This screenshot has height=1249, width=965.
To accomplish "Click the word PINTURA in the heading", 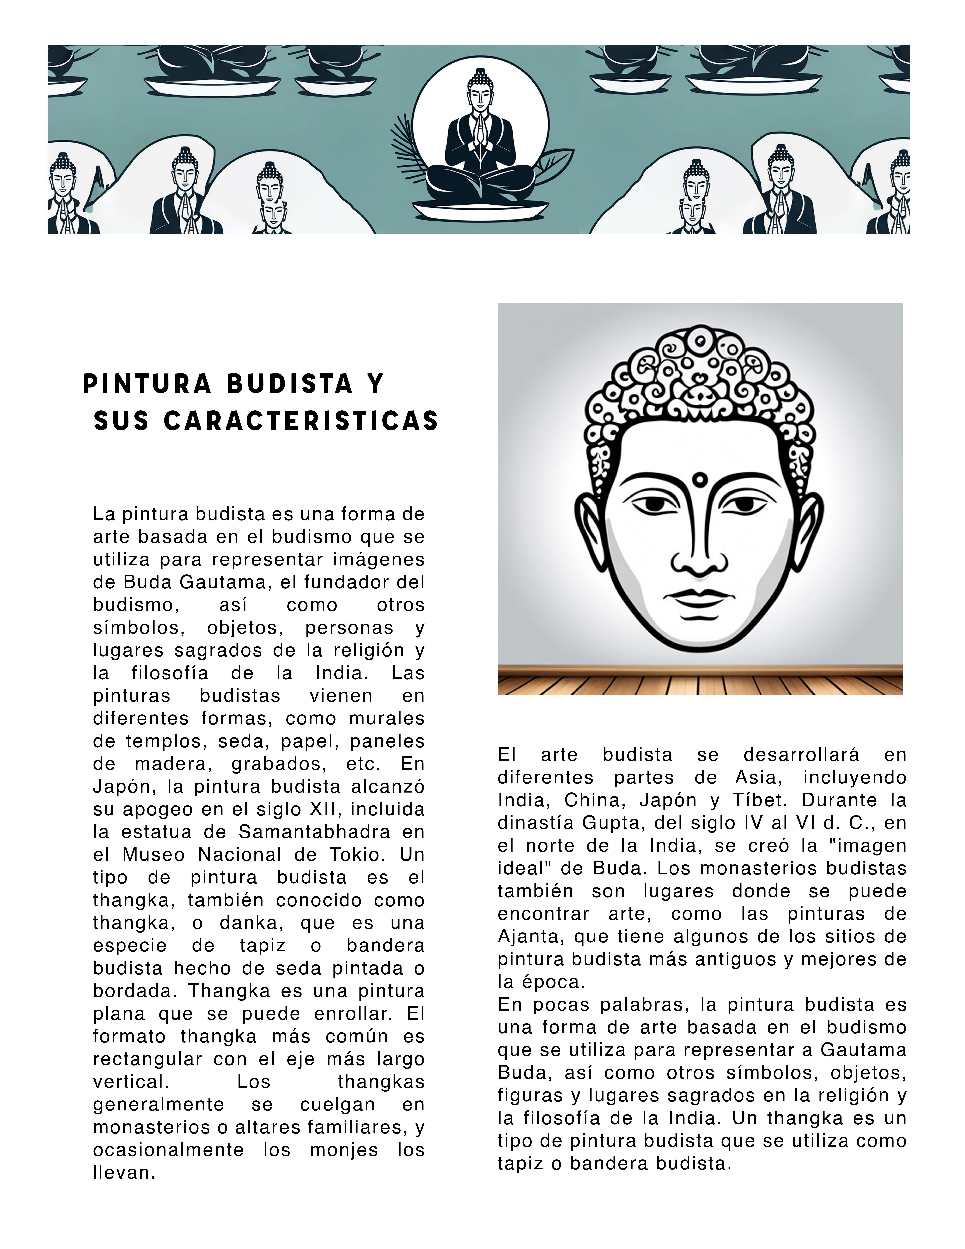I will click(x=147, y=384).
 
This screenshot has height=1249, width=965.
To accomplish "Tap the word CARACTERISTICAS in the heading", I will click(x=301, y=422).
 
